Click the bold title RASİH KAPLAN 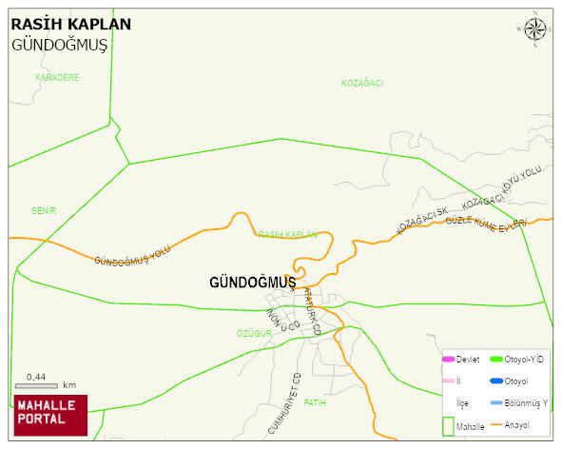click(x=70, y=25)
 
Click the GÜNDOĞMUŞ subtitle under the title click(x=59, y=45)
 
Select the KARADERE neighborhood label click(x=57, y=77)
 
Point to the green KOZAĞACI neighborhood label click(x=361, y=84)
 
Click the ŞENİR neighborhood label click(x=44, y=210)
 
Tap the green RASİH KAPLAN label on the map click(x=287, y=234)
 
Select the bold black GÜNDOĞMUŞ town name click(x=252, y=283)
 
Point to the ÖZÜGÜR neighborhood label click(x=254, y=334)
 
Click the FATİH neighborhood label click(x=315, y=402)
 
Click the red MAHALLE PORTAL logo click(x=49, y=414)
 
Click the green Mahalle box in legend click(x=449, y=427)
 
